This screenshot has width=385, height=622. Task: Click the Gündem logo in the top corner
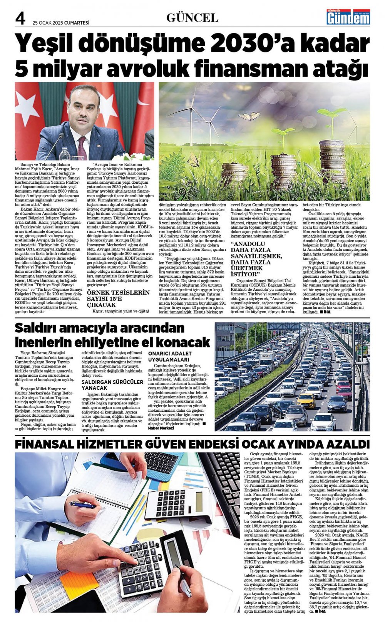pos(348,17)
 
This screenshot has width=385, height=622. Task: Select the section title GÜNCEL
pos(192,17)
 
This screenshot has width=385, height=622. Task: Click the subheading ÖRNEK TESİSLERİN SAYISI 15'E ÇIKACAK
pos(117,298)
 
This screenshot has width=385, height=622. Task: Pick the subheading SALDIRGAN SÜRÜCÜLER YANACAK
pos(112,385)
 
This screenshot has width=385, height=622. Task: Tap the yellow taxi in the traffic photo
pos(306,401)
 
